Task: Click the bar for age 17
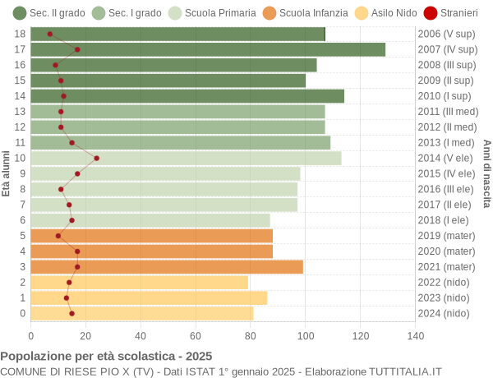tap(208, 49)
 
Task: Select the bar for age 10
tap(186, 158)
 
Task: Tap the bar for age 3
tap(167, 266)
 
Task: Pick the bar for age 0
tap(142, 313)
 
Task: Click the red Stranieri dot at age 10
tap(97, 158)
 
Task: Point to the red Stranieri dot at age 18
tap(50, 34)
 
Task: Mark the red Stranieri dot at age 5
tap(58, 236)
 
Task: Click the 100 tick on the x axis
tap(306, 335)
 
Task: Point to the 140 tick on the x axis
tap(415, 335)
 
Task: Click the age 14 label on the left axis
tap(21, 96)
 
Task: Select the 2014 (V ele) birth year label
tap(446, 158)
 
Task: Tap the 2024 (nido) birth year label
tap(444, 313)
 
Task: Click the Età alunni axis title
tap(7, 173)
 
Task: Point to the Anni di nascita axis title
tap(486, 173)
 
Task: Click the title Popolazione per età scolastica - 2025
tap(106, 356)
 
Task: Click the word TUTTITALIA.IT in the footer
tap(397, 371)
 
